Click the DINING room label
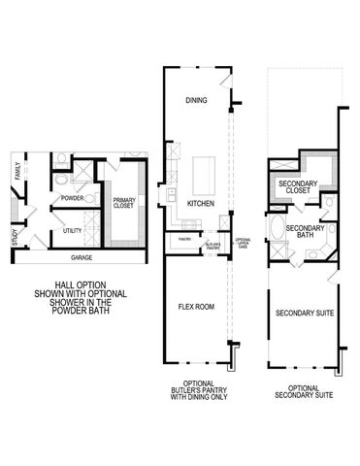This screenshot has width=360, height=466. pyautogui.click(x=196, y=100)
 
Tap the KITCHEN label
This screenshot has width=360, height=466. pyautogui.click(x=200, y=203)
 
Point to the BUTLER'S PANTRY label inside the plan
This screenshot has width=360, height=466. pyautogui.click(x=213, y=246)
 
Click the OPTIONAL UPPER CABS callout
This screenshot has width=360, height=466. pyautogui.click(x=243, y=244)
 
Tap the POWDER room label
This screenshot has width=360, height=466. pyautogui.click(x=72, y=197)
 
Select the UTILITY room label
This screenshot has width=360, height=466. pyautogui.click(x=72, y=231)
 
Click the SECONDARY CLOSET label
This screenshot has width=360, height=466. pyautogui.click(x=300, y=186)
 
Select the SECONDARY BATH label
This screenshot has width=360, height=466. pyautogui.click(x=306, y=231)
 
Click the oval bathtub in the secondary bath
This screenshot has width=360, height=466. pyautogui.click(x=278, y=231)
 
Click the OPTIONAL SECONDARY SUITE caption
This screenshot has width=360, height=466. pyautogui.click(x=303, y=391)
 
